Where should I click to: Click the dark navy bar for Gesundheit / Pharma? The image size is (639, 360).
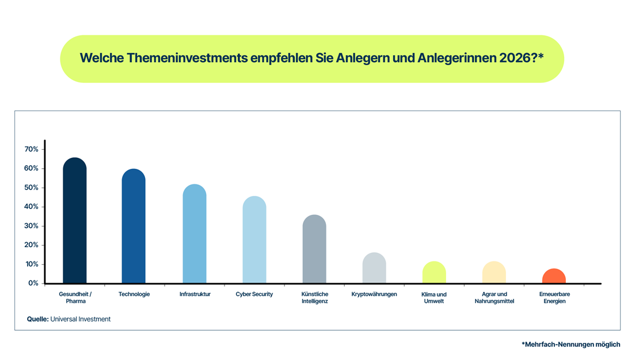coord(75,222)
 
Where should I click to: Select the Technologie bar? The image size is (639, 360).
coord(134,228)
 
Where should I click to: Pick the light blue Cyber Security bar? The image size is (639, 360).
coord(254,241)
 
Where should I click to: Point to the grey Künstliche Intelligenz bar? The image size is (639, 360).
coord(314,250)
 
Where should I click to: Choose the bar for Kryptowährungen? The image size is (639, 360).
coord(374,268)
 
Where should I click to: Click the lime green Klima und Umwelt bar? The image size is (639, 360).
coord(434,273)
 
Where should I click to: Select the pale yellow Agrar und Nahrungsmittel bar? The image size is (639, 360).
coord(494,273)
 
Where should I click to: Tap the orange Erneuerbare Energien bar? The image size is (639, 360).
coord(554,276)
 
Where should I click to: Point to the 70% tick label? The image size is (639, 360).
coord(31,149)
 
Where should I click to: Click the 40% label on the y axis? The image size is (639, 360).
coord(31,207)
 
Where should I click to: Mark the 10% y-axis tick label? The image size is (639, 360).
coord(31,264)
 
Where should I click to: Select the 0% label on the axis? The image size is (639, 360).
coord(33,283)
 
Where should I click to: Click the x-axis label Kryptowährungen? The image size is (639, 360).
coord(374,294)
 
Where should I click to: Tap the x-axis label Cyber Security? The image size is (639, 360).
coord(254,294)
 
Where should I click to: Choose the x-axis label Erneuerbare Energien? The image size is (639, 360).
coord(554,298)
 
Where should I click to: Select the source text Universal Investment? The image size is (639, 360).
coord(81,319)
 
